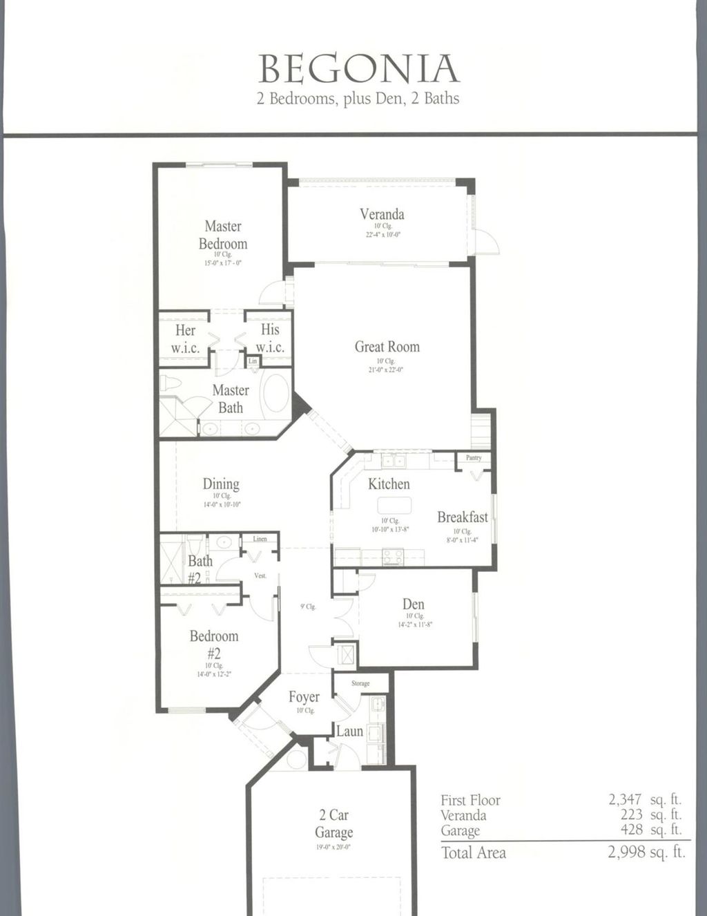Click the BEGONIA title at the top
(358, 69)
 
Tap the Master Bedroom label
(222, 235)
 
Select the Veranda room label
(382, 214)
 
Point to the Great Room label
(387, 347)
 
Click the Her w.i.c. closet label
(185, 338)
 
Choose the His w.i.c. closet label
(270, 338)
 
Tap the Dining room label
(221, 484)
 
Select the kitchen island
(394, 504)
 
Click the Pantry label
(474, 457)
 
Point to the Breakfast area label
(462, 517)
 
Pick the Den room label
(413, 604)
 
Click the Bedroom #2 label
(214, 644)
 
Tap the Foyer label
(304, 697)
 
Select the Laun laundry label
(349, 731)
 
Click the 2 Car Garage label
(333, 823)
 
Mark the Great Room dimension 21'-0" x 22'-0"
(386, 370)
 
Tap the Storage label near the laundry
(360, 683)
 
